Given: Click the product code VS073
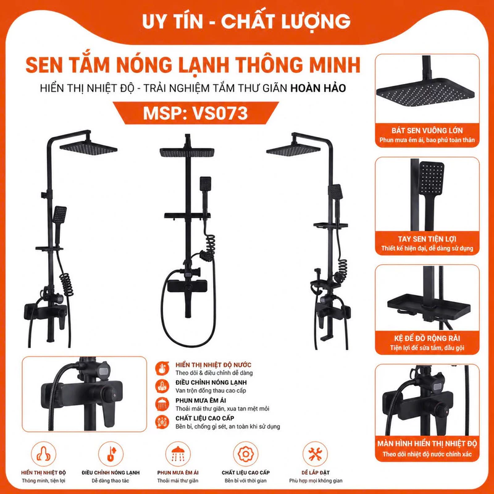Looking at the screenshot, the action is [x=220, y=114].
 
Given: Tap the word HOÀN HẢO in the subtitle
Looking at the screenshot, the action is [x=318, y=88].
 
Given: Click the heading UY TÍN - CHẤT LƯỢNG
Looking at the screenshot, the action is [x=246, y=22].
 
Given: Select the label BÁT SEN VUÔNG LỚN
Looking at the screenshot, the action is [x=427, y=130].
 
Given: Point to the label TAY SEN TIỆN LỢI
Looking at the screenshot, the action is [x=427, y=239].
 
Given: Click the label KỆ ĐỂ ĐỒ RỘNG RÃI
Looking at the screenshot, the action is [x=427, y=338].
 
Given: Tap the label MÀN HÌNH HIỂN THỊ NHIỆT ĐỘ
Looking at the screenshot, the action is [x=427, y=443].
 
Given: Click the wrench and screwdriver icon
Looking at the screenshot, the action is [x=314, y=454].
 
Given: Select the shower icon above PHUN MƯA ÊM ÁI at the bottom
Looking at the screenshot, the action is [x=178, y=454].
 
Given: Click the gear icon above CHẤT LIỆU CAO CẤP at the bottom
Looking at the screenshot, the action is [x=245, y=454].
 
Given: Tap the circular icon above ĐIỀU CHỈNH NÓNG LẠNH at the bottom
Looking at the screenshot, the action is [x=111, y=454].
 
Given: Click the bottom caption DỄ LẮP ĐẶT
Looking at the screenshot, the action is [x=316, y=472].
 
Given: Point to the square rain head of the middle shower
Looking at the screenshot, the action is [x=187, y=152].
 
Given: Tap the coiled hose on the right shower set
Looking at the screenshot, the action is [x=341, y=270].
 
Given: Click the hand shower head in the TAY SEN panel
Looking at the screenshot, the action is [x=432, y=178].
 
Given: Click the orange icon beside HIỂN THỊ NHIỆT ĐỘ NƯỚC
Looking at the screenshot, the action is [x=162, y=368].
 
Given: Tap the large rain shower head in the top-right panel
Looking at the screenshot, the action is [x=425, y=92].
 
